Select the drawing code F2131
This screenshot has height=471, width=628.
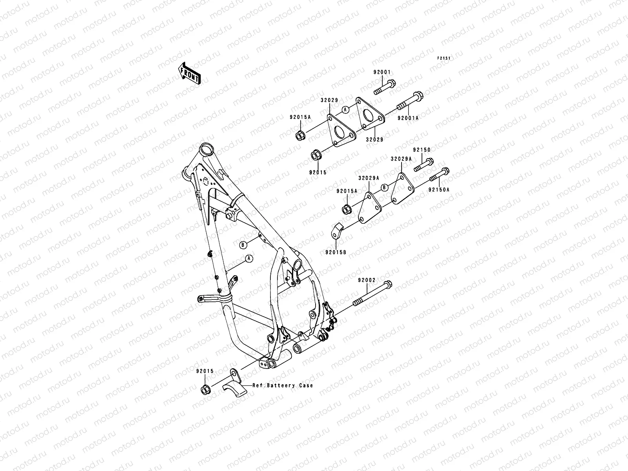[444, 58]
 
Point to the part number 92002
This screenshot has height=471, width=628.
[367, 280]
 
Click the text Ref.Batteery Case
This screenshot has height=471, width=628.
[283, 385]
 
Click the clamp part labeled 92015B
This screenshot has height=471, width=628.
[338, 230]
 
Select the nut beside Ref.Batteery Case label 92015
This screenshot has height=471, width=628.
[205, 390]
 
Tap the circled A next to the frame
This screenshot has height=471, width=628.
[248, 259]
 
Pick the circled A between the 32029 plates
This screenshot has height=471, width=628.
[345, 110]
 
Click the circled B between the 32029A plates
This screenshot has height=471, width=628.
[385, 187]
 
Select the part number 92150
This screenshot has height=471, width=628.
[422, 150]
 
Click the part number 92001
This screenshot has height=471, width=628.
[382, 72]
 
